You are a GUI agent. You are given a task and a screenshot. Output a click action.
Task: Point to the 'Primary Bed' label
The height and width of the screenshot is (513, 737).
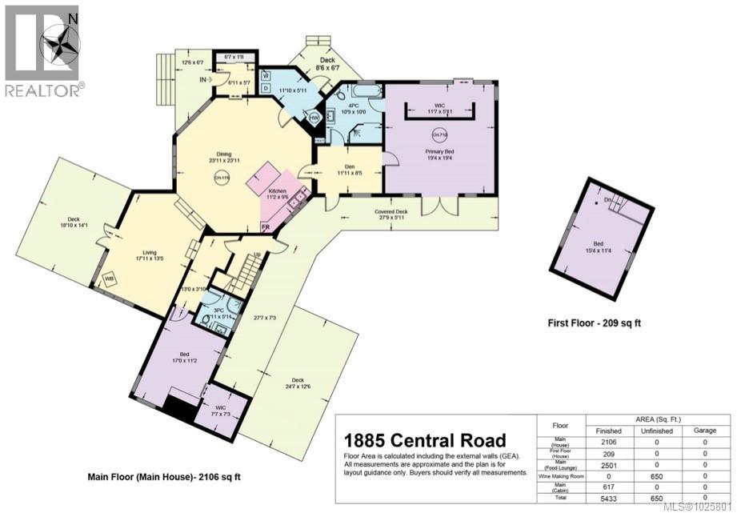(x=439, y=150)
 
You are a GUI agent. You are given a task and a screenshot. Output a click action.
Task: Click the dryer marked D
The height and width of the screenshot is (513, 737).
(x=265, y=87)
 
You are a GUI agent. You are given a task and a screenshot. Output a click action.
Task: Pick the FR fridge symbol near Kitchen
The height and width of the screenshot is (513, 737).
(x=265, y=228)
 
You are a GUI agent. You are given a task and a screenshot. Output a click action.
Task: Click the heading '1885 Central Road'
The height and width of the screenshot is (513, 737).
(x=424, y=440)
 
